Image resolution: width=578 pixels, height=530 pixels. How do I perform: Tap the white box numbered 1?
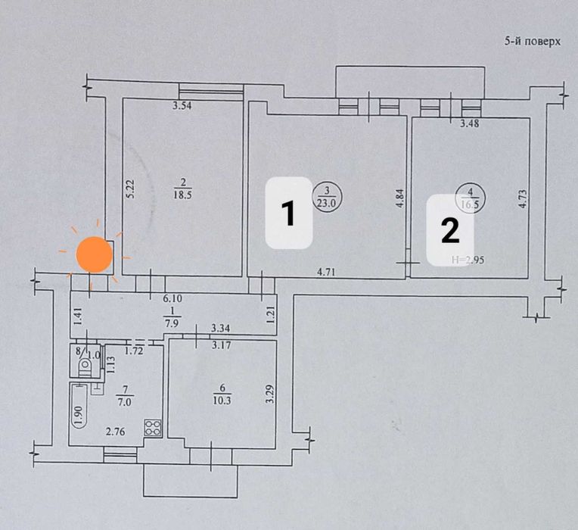(x=288, y=212)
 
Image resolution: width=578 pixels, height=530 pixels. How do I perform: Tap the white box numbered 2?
(x=449, y=229)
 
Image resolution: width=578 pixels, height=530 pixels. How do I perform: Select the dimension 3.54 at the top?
(x=182, y=107)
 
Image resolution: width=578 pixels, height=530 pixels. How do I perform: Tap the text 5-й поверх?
(x=532, y=43)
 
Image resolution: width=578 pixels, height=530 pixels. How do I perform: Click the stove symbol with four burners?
(x=154, y=426)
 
